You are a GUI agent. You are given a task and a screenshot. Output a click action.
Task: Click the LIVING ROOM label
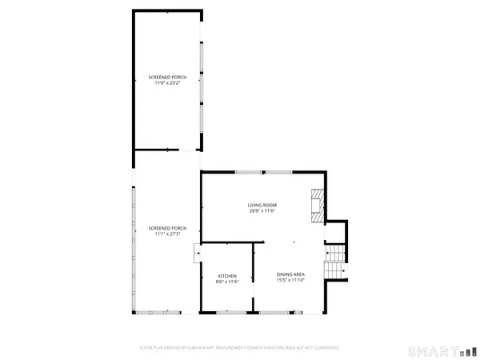click(262, 206)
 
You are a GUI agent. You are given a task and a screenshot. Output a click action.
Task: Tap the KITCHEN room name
click(227, 276)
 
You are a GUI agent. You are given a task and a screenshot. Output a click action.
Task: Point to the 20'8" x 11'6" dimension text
click(262, 211)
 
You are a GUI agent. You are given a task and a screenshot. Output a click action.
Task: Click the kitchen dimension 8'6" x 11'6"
click(227, 282)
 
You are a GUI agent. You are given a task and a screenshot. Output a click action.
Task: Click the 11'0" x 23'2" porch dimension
click(167, 83)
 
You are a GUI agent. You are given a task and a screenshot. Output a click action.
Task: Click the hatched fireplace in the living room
click(318, 204)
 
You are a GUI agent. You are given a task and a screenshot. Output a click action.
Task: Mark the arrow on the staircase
click(342, 271)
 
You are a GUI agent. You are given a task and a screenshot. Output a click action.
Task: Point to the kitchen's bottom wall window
click(227, 312)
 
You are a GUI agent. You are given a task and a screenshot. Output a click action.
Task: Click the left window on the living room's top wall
click(246, 171)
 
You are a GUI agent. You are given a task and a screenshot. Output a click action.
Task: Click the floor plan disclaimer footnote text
click(239, 348)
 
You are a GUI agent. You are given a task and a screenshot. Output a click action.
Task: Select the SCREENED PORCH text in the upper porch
click(167, 78)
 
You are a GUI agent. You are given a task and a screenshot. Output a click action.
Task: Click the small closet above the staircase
click(337, 232)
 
